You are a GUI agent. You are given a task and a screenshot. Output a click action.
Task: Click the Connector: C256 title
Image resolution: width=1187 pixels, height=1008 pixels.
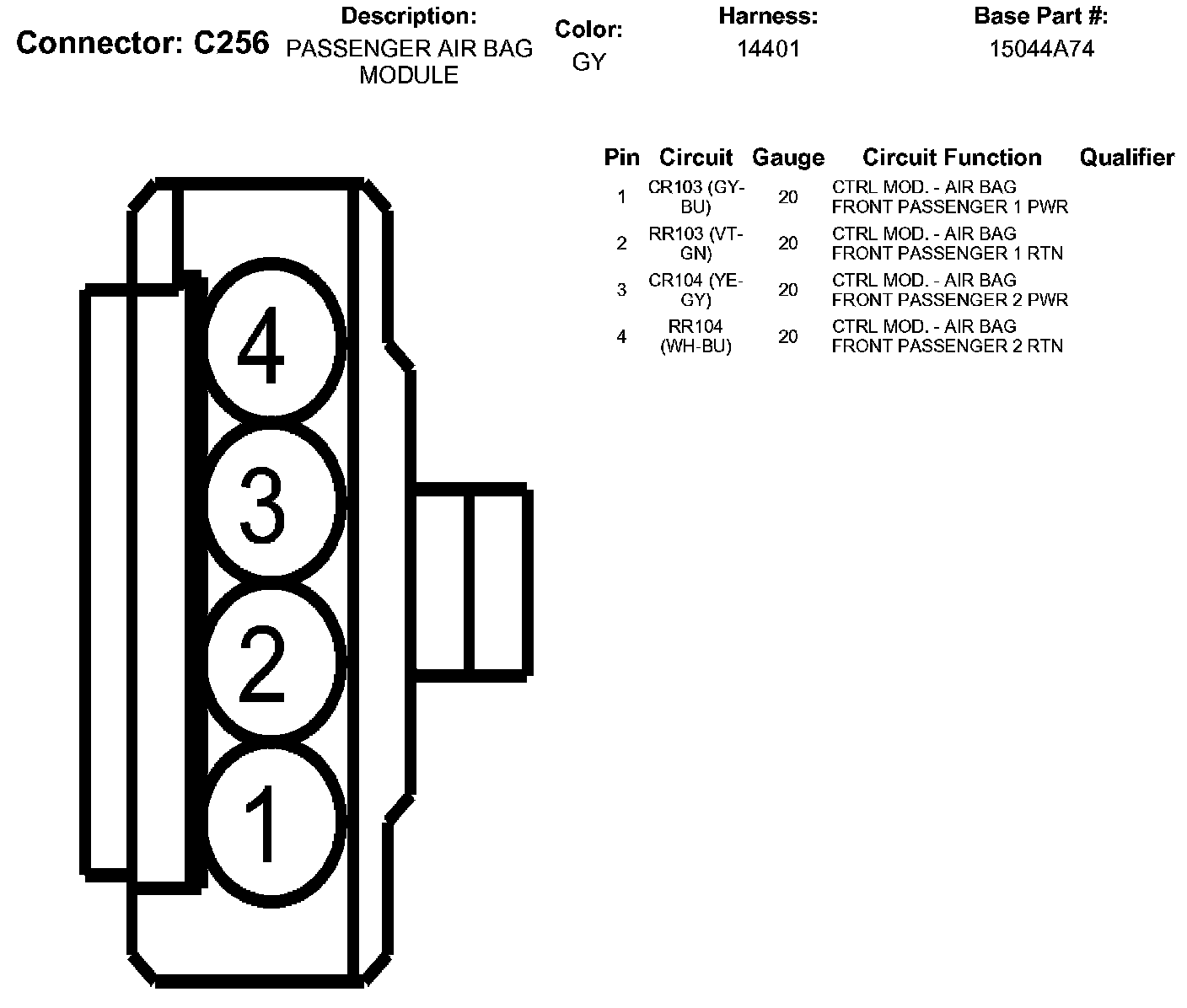(142, 44)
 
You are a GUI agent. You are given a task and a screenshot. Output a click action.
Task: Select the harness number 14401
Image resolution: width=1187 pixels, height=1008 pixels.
(768, 49)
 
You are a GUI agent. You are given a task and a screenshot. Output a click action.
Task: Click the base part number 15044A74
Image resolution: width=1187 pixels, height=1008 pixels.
(1041, 49)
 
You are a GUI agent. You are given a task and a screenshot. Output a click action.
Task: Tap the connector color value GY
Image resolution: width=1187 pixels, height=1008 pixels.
(588, 62)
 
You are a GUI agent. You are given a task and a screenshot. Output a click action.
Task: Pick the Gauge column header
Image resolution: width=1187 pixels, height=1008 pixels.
(787, 158)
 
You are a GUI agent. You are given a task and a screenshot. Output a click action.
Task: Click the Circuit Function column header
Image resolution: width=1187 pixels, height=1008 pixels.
(952, 158)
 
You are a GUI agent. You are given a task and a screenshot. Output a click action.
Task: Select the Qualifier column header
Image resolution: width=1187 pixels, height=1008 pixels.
(1126, 158)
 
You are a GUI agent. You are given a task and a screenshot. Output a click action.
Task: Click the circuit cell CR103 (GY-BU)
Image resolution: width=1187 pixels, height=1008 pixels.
(696, 197)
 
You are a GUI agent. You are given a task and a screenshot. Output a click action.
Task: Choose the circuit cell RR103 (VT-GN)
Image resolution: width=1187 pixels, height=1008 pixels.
(696, 244)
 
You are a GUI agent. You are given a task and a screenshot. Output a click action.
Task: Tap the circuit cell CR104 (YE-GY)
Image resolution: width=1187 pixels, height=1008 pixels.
(696, 290)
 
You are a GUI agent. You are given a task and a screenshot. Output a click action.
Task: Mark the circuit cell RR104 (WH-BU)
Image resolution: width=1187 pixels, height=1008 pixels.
(696, 336)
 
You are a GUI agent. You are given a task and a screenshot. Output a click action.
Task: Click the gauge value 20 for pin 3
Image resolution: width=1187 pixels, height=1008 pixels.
(787, 290)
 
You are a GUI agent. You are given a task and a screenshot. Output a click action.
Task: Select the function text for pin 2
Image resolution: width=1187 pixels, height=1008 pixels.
(947, 244)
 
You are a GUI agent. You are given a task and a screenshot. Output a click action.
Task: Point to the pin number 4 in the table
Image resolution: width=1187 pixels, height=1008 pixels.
(621, 336)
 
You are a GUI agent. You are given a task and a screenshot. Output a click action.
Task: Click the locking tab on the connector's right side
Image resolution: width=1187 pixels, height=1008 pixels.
(470, 582)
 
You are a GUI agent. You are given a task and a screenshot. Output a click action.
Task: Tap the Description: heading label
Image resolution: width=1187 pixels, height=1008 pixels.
(409, 15)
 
